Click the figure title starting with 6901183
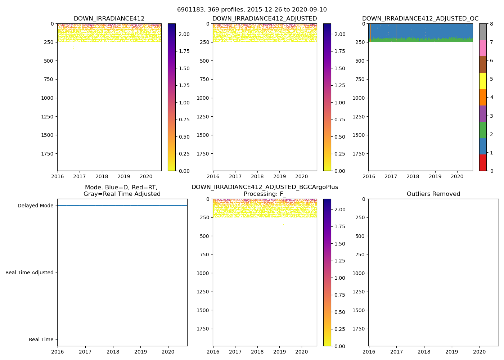pyautogui.click(x=252, y=10)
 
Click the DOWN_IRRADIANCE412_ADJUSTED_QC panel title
pyautogui.click(x=420, y=19)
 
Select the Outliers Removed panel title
pyautogui.click(x=433, y=194)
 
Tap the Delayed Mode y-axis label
pyautogui.click(x=35, y=206)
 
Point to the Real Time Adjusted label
pyautogui.click(x=29, y=273)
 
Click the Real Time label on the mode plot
pyautogui.click(x=41, y=340)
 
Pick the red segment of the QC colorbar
pyautogui.click(x=483, y=163)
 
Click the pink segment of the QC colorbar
pyautogui.click(x=483, y=48)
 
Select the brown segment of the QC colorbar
pyautogui.click(x=483, y=64)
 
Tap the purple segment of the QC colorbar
pyautogui.click(x=483, y=113)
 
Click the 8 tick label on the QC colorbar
pyautogui.click(x=491, y=24)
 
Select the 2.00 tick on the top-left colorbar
pyautogui.click(x=184, y=34)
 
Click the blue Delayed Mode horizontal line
pyautogui.click(x=122, y=206)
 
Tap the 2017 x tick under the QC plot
pyautogui.click(x=391, y=177)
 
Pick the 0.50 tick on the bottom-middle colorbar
pyautogui.click(x=340, y=312)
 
